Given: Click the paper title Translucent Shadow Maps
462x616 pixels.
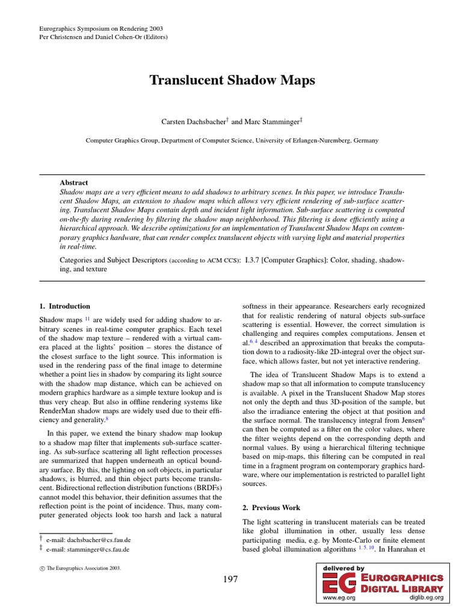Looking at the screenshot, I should point(232,81).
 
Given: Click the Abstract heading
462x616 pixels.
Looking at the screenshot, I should point(73,182).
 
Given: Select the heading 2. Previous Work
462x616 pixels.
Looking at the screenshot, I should point(272,508).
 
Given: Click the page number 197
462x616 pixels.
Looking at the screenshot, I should point(230,580).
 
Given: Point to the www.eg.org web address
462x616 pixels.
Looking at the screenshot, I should point(339,598).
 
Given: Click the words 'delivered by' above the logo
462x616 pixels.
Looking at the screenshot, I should point(343,568).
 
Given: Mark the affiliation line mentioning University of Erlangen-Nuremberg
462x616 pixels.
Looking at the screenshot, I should point(232,140).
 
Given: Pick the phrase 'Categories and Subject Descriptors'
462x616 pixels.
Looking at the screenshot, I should point(113,259).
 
